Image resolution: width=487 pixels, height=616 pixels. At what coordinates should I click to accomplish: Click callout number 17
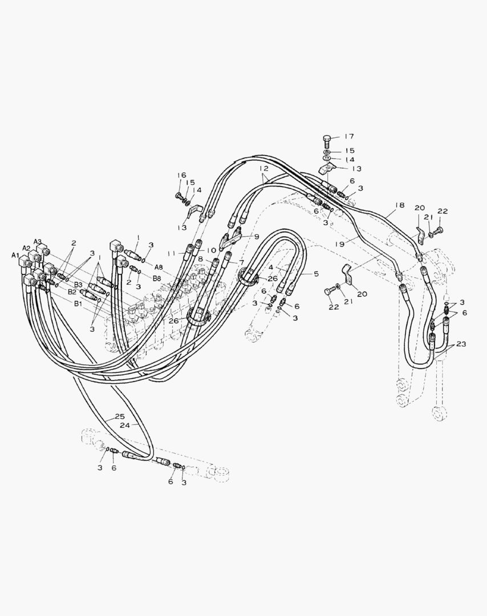tap(349, 136)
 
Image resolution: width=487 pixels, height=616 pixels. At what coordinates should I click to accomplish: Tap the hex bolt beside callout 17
tap(327, 140)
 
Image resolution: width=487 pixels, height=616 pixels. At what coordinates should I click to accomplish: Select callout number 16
tap(181, 175)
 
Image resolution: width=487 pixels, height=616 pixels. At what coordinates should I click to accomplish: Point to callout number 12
tap(263, 168)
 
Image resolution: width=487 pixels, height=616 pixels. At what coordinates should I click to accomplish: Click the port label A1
tap(15, 256)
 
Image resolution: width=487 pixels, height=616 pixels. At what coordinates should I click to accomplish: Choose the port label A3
tap(38, 241)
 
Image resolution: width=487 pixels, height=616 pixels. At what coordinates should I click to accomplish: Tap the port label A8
tap(159, 267)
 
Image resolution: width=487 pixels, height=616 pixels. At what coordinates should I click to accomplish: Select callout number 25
tap(120, 416)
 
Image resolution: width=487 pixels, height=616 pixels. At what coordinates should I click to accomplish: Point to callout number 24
tap(125, 425)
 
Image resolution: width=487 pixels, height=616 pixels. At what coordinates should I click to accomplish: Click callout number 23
tap(461, 344)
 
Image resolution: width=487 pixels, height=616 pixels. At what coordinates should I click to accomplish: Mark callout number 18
tap(399, 205)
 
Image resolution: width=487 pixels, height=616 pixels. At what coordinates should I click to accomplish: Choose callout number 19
tap(340, 244)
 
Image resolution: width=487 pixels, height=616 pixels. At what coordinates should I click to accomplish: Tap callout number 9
tap(257, 237)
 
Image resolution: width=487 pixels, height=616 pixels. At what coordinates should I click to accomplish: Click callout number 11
tap(171, 254)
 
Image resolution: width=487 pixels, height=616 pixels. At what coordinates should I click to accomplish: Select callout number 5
tap(316, 273)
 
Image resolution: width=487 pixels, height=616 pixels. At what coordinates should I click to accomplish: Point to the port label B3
tap(78, 285)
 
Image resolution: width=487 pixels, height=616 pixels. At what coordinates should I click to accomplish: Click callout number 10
tap(212, 250)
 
